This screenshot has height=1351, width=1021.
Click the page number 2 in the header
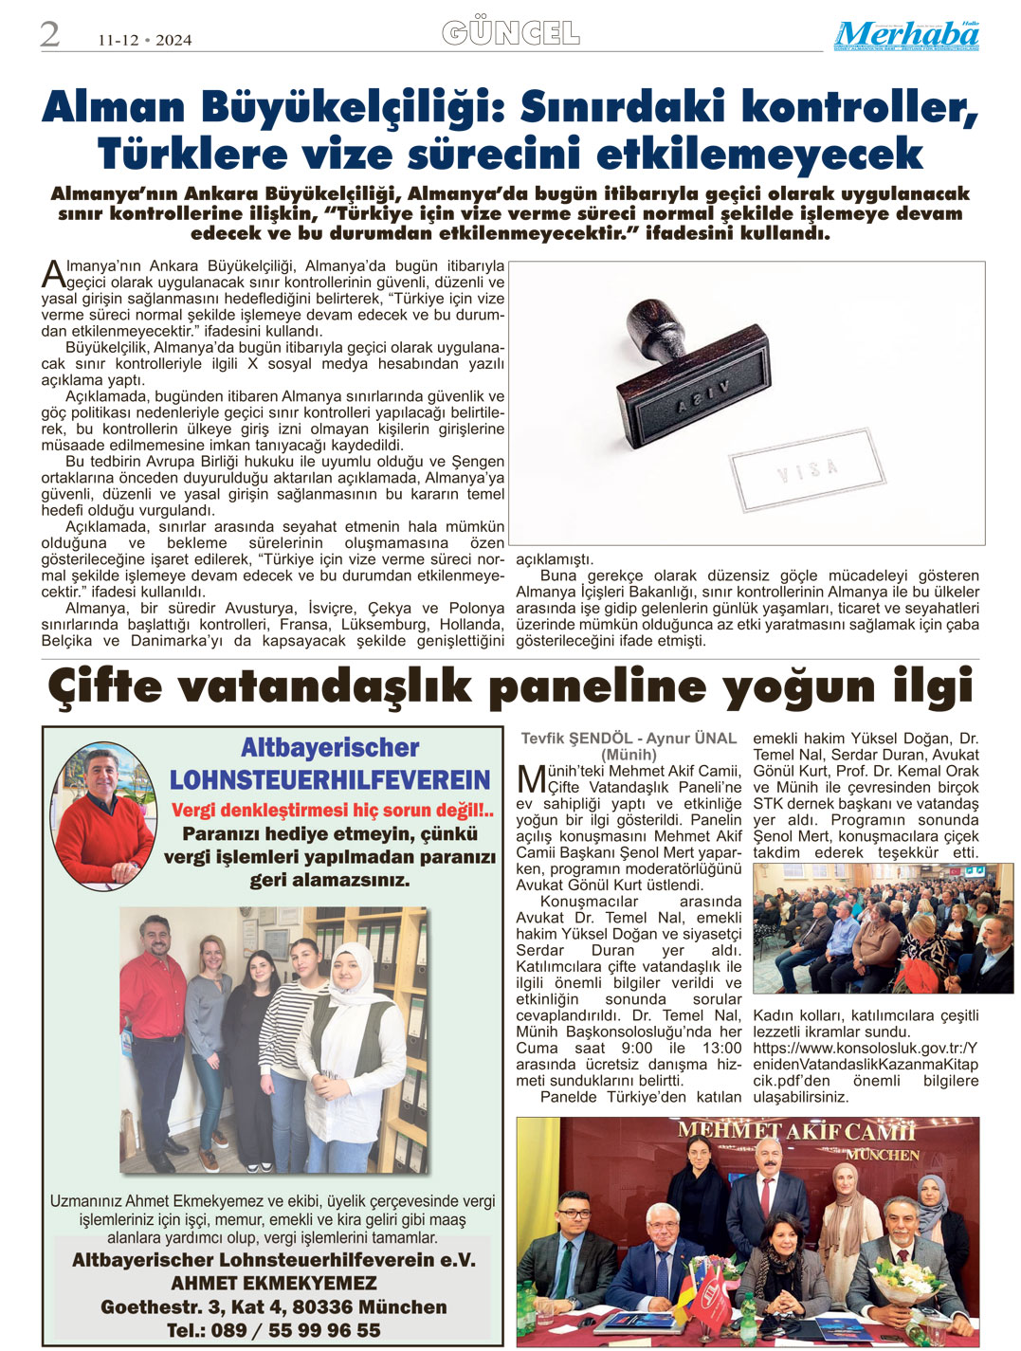pyautogui.click(x=49, y=35)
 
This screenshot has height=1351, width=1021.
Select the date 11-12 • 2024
pyautogui.click(x=144, y=40)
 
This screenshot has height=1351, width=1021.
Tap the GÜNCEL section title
pyautogui.click(x=511, y=34)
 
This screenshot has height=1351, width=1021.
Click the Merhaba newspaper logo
pyautogui.click(x=906, y=36)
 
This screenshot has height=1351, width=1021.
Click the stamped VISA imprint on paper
pyautogui.click(x=809, y=468)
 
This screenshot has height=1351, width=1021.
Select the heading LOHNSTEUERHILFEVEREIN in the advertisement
pyautogui.click(x=330, y=780)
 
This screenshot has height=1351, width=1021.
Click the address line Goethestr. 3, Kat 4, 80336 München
pyautogui.click(x=273, y=1306)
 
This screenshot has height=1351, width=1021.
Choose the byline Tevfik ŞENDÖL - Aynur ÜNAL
pyautogui.click(x=629, y=739)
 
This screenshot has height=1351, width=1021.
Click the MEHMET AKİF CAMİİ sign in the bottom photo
pyautogui.click(x=796, y=1131)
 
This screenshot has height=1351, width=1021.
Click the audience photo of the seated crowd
pyautogui.click(x=883, y=928)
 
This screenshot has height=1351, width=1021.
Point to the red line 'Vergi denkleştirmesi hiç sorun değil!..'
pyautogui.click(x=332, y=811)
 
